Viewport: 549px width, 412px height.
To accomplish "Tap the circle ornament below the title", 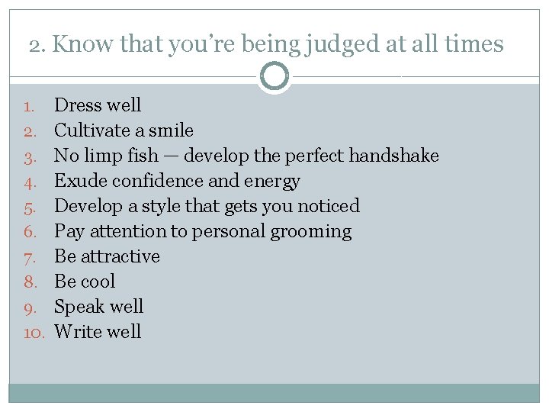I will tap(274, 76).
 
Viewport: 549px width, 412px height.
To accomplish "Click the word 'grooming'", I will tap(311, 231).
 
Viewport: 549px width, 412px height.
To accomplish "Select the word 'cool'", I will tap(98, 282).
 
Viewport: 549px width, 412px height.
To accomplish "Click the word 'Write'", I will tap(76, 332).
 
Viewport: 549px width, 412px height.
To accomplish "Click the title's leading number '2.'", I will tap(37, 45).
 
